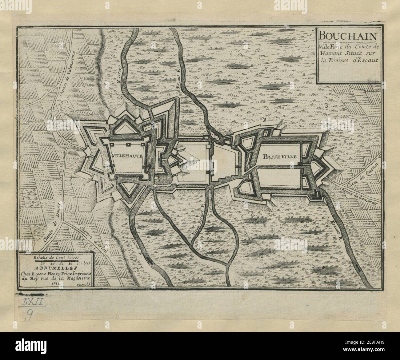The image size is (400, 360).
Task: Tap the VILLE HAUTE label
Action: click(127, 156)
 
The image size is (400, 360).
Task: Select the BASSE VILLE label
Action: click(280, 156)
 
